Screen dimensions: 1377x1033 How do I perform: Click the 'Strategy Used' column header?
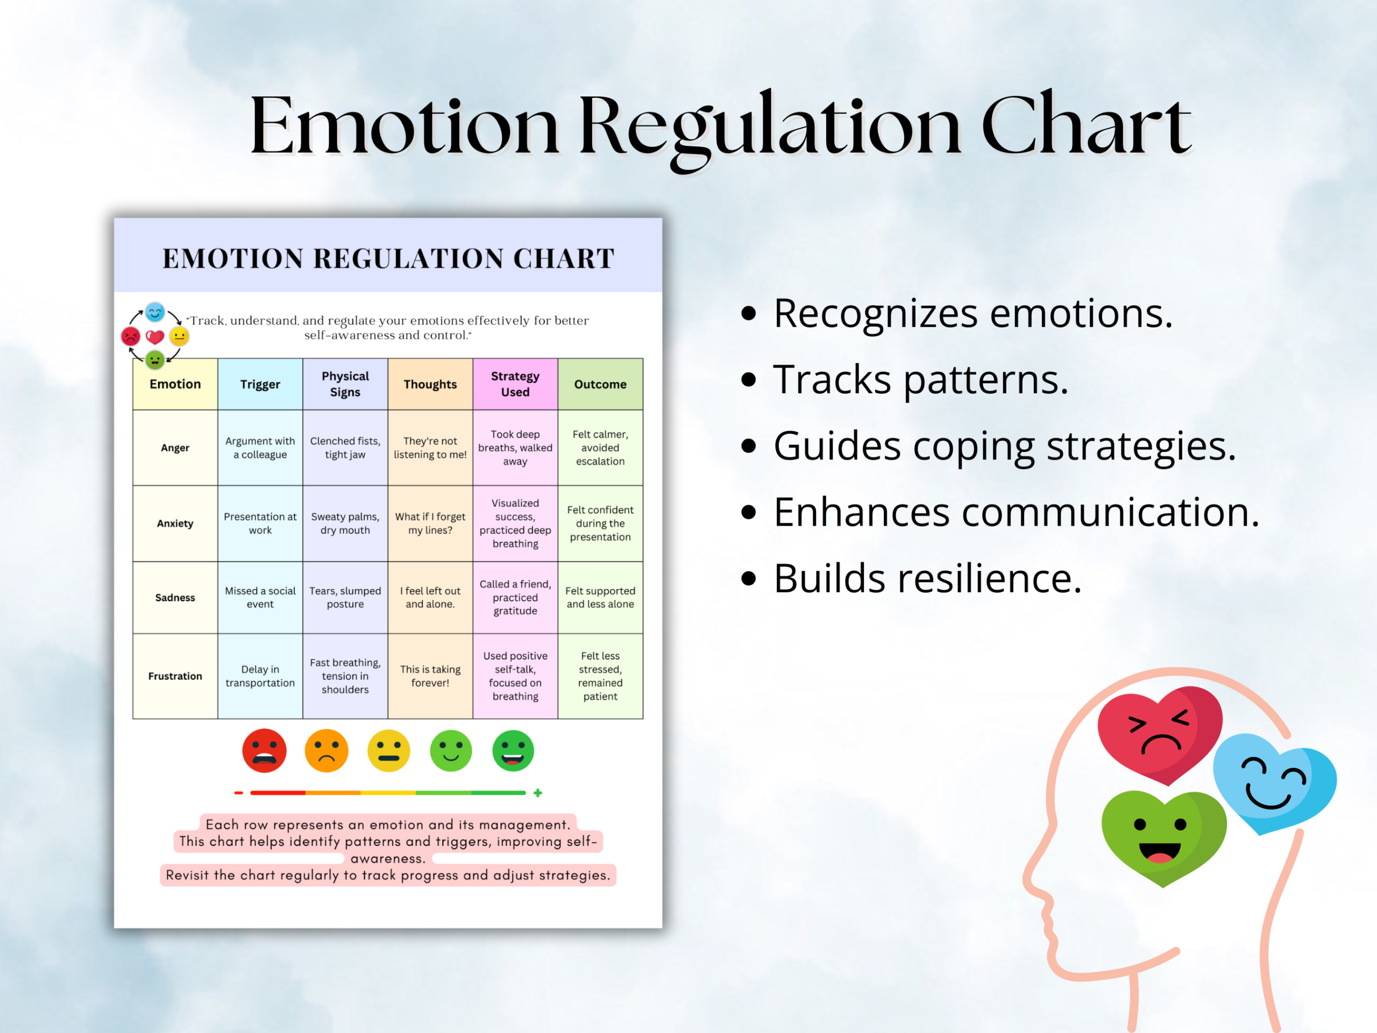515,384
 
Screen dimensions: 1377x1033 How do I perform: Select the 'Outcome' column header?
600,384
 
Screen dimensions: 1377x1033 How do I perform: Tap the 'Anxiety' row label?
175,523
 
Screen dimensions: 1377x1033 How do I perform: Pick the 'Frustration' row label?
175,676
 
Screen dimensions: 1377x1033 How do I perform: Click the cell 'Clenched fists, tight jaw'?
345,448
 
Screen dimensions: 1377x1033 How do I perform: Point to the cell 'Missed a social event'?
260,597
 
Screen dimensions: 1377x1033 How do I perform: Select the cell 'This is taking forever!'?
430,676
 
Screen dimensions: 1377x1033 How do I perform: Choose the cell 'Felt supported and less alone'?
600,597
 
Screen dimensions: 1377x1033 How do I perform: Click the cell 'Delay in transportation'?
260,676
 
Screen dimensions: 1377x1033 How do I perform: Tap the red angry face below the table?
264,751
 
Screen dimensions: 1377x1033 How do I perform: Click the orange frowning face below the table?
326,751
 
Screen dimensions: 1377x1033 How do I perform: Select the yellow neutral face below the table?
388,751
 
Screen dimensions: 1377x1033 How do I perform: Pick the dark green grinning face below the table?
513,751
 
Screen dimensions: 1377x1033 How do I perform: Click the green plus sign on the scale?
538,793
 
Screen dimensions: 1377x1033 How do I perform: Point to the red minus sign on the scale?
238,793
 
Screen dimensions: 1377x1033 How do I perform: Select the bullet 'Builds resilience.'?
912,578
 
